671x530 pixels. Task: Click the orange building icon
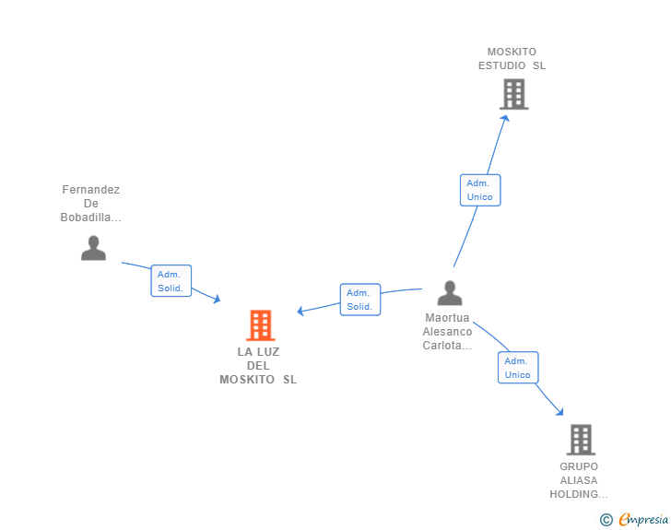260,325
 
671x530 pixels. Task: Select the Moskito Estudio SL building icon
514,94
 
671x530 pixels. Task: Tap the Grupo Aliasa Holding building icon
581,440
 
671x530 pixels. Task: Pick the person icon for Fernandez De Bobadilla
93,248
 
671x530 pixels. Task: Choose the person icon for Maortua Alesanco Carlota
450,293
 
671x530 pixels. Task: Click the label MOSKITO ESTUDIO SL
512,59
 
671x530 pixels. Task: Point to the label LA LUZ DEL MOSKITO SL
258,366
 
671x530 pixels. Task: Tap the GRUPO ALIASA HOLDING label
579,480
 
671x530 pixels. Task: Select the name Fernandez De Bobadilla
90,204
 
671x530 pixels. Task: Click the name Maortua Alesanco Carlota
447,331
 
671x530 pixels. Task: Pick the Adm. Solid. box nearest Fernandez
171,281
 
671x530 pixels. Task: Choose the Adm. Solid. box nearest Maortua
360,300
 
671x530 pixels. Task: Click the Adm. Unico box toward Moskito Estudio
480,190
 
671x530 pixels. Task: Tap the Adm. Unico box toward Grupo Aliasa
518,368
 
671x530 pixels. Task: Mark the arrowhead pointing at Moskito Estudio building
505,119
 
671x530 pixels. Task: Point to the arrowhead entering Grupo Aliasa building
559,412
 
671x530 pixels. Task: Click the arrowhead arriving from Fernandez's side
217,299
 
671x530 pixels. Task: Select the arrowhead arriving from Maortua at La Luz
300,311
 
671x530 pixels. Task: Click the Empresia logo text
643,520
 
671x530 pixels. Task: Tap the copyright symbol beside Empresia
606,520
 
